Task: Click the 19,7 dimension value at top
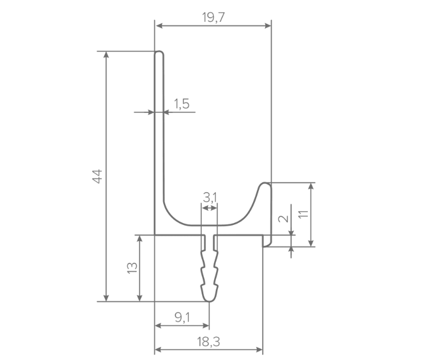tap(214, 17)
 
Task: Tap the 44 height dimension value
tap(97, 177)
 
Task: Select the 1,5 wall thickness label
tap(182, 104)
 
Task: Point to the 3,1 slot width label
tap(210, 197)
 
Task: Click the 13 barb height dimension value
tap(132, 268)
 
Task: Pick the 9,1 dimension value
tap(182, 317)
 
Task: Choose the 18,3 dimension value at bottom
tap(209, 342)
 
